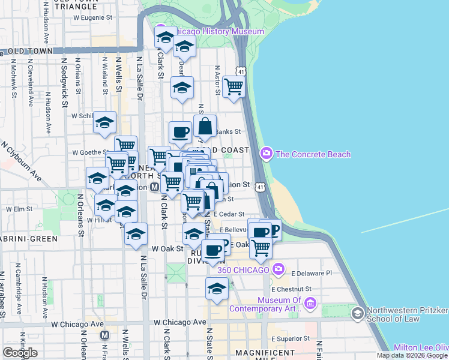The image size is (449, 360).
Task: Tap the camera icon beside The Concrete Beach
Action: [x=267, y=154]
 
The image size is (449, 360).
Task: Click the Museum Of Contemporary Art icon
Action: [x=310, y=304]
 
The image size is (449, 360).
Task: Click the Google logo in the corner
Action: [x=20, y=353]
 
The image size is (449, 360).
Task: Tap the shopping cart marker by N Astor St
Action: [x=234, y=86]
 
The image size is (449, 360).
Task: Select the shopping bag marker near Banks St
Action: [x=205, y=126]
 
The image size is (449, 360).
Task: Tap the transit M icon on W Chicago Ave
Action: [x=104, y=335]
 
